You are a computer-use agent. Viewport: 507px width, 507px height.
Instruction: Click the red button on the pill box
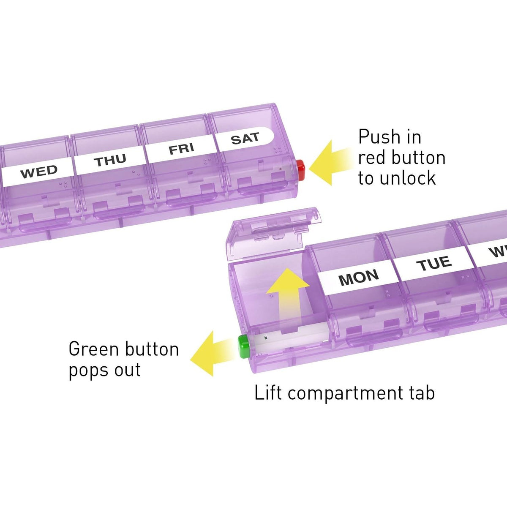coord(300,170)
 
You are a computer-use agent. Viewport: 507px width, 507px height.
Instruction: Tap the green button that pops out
coord(243,346)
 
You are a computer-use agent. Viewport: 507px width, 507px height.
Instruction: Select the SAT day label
coord(245,139)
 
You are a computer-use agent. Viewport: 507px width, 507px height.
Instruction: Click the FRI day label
coord(182,149)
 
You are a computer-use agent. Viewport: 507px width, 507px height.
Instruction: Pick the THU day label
coord(111,160)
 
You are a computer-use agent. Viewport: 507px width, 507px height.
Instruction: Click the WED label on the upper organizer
coord(39,172)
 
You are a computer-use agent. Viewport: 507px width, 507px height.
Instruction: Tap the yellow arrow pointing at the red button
coord(332,163)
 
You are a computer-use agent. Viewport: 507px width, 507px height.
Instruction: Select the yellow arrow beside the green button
coord(212,353)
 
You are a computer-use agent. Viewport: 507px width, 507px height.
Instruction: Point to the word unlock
coord(408,178)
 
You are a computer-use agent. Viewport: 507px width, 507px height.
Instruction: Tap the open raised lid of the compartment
coord(273,232)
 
